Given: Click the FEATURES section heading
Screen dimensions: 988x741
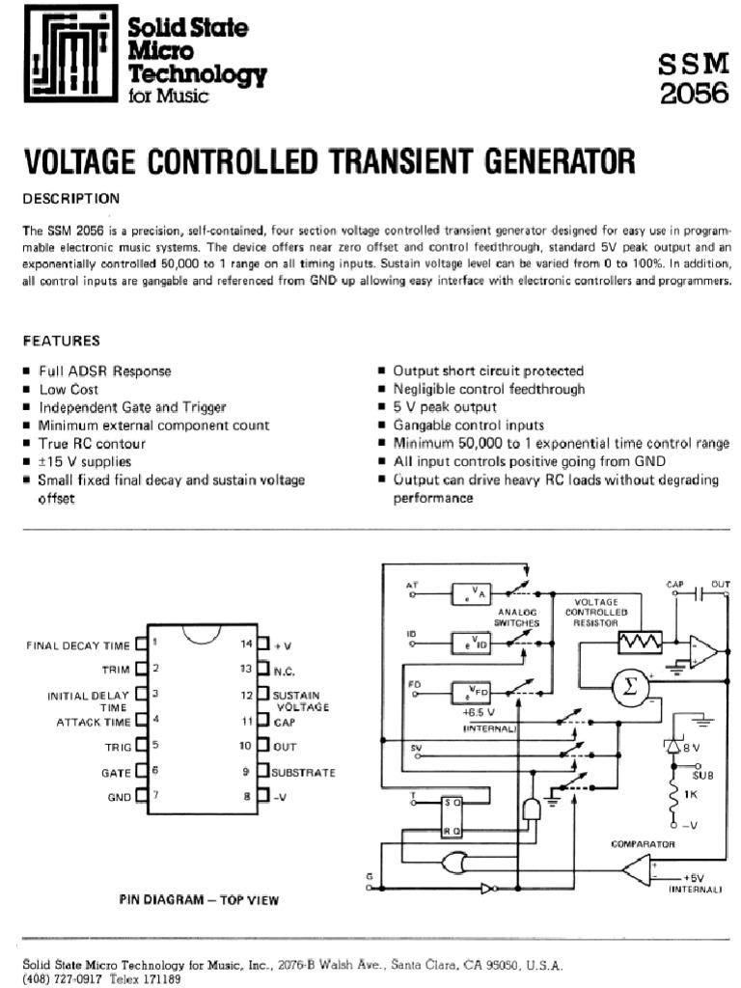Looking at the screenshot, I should [61, 341].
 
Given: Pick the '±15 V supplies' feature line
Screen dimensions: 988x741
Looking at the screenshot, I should [85, 461].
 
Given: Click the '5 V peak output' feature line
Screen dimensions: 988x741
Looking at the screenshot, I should [443, 407].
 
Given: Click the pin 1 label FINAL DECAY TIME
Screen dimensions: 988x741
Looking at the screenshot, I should [76, 645].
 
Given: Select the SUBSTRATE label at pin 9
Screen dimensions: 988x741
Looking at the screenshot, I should [304, 773].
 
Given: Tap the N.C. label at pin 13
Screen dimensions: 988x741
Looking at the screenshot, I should [283, 670].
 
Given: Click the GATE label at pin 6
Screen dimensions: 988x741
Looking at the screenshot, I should [116, 773].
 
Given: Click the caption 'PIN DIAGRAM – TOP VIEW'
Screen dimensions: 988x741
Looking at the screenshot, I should [199, 899].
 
